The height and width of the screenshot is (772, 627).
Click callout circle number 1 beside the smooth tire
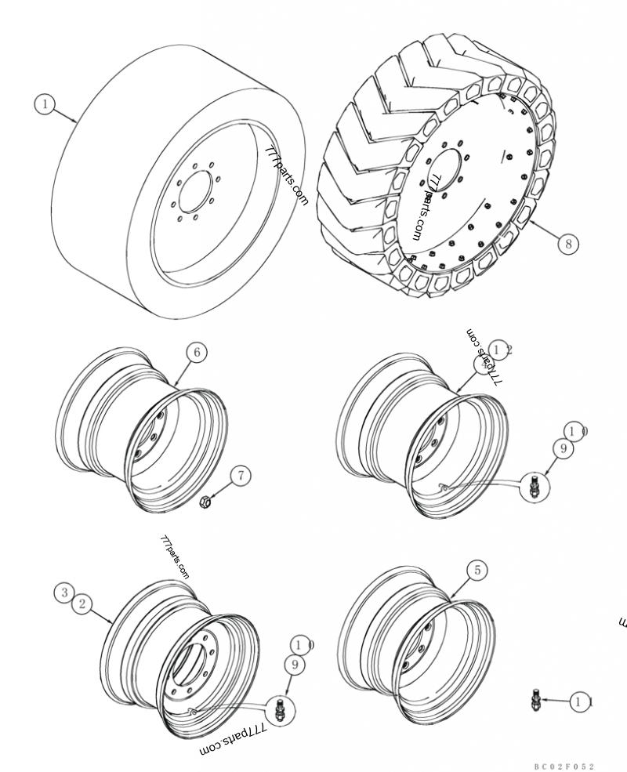click(45, 103)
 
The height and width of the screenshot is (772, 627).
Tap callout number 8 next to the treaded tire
click(568, 243)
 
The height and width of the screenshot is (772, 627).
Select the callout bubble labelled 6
click(196, 353)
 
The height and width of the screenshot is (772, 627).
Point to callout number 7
click(241, 476)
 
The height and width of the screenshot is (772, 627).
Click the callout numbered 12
click(498, 350)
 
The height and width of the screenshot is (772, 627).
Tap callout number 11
click(580, 702)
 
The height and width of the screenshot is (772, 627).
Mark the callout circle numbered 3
click(65, 593)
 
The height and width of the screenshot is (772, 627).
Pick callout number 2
click(82, 603)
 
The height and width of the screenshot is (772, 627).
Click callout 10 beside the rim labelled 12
click(578, 430)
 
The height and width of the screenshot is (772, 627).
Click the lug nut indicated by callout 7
click(205, 502)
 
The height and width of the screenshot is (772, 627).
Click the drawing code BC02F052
click(565, 765)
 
